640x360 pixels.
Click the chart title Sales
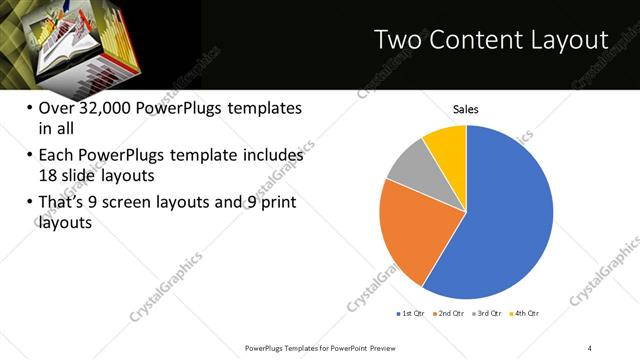point(466,109)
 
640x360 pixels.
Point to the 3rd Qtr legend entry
point(488,314)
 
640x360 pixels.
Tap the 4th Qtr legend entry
point(526,314)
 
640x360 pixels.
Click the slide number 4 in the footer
point(590,348)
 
